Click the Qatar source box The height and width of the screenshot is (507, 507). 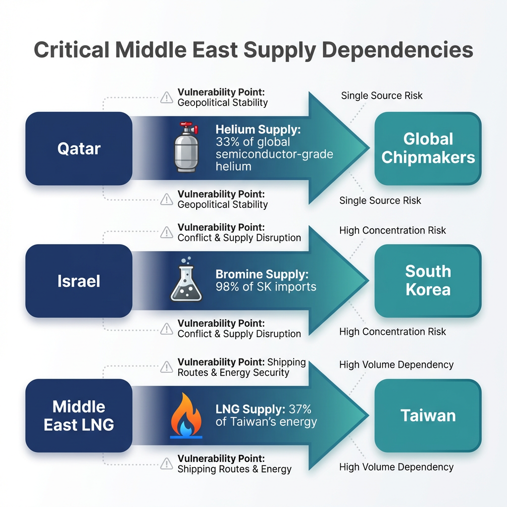(79, 148)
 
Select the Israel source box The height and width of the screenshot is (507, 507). (79, 281)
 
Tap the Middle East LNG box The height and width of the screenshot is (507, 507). (79, 415)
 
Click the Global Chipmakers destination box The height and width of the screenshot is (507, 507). (428, 148)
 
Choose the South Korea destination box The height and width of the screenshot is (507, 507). (428, 280)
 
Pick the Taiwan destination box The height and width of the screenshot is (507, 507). (428, 415)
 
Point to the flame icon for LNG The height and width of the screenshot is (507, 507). (186, 415)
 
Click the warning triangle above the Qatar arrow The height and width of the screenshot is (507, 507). (166, 98)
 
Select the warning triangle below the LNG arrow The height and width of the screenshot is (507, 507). (166, 464)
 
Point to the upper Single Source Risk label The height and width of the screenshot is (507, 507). (382, 96)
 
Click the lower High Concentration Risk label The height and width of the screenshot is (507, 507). (392, 332)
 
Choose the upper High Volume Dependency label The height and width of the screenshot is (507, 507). (396, 365)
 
